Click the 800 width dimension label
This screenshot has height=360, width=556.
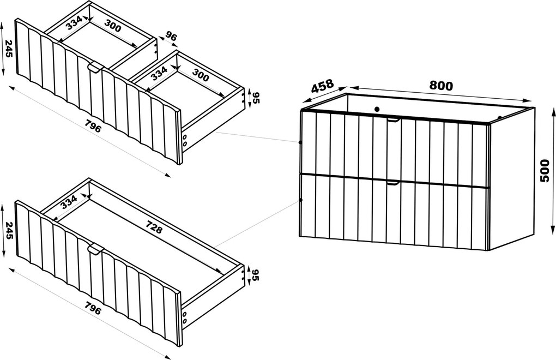(441, 86)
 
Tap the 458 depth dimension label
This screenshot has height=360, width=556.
(322, 86)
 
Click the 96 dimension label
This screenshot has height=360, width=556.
(171, 37)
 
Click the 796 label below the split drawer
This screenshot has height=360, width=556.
(93, 125)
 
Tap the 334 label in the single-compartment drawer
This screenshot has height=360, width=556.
(69, 202)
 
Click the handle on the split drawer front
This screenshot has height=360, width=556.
(95, 68)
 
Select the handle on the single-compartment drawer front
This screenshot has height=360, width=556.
(95, 249)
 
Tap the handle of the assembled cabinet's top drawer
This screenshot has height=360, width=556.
(393, 121)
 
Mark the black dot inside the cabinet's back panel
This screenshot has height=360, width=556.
(377, 109)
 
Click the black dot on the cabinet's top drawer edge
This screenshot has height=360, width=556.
(300, 142)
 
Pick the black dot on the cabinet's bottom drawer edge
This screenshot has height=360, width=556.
(301, 200)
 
